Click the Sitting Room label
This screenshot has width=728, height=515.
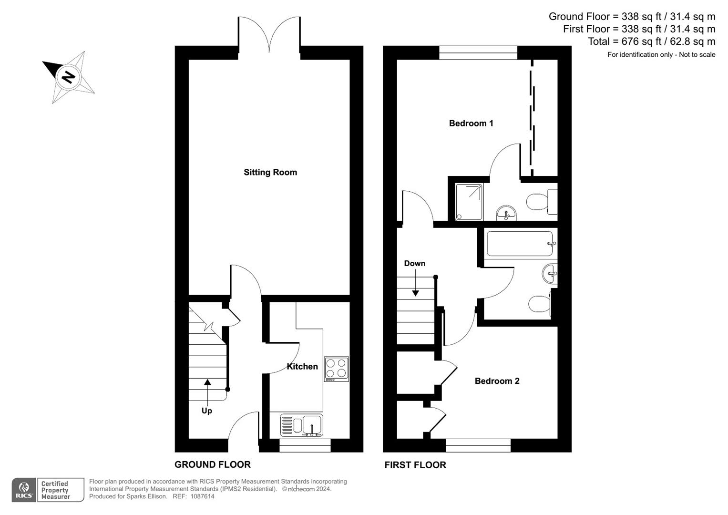270,172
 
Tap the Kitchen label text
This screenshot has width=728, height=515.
302,366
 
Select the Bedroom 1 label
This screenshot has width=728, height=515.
471,123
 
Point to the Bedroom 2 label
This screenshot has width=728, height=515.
497,381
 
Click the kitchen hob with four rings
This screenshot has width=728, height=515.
336,369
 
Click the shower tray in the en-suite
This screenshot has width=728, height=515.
469,202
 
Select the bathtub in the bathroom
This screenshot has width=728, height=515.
520,244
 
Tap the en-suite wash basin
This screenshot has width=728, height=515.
506,213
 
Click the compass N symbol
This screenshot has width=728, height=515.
68,77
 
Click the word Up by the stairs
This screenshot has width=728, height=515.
206,411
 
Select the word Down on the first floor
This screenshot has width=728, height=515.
414,263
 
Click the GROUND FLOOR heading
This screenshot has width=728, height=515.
212,464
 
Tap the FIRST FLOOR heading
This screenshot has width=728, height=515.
415,465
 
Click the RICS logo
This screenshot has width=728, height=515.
24,490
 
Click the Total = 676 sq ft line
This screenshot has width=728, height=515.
651,41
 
